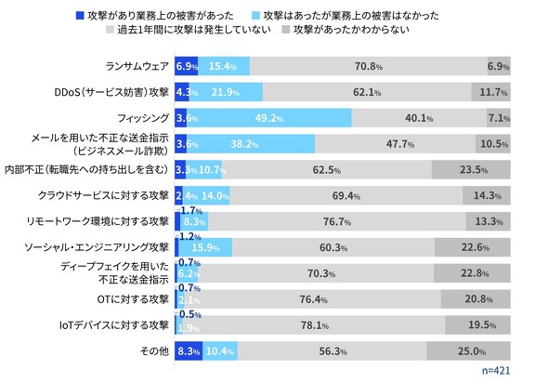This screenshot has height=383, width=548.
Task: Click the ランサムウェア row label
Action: pos(137,68)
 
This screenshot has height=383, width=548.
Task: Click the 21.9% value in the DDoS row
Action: pos(226,93)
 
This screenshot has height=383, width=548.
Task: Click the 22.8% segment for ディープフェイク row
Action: pos(474,273)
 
